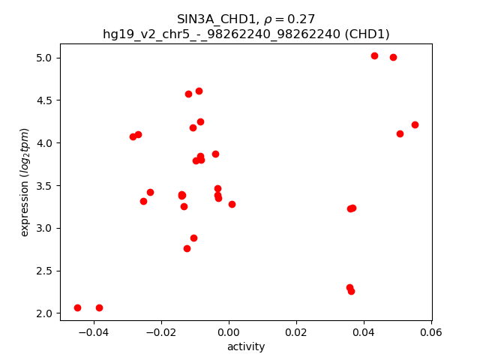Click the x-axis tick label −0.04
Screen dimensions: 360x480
tap(94, 332)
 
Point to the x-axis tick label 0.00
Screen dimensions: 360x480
tap(229, 332)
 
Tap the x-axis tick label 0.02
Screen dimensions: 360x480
tap(296, 332)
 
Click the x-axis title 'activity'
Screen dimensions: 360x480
tap(246, 346)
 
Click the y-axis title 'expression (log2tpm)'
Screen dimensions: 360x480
tap(25, 182)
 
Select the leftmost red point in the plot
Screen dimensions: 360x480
tap(77, 307)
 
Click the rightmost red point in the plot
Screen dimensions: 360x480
tap(415, 124)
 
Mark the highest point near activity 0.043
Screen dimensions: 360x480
tap(374, 55)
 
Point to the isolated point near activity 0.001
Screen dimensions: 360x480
tap(232, 204)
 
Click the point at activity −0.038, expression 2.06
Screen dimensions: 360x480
tap(99, 307)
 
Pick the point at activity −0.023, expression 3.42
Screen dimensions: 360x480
tap(150, 192)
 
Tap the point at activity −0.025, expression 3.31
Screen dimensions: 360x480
tap(143, 201)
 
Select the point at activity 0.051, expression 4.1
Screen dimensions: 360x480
tap(400, 133)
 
